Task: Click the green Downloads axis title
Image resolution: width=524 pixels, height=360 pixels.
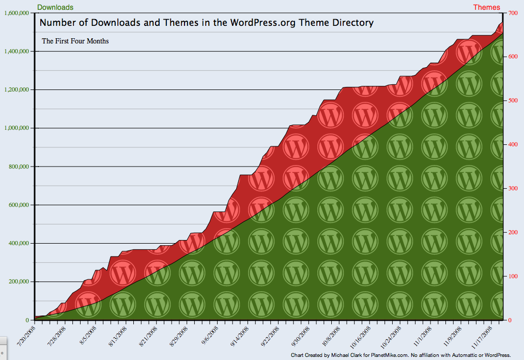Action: tap(55, 7)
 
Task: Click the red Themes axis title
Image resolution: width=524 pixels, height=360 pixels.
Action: tap(487, 7)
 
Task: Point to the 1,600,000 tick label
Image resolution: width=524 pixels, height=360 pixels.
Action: tap(17, 13)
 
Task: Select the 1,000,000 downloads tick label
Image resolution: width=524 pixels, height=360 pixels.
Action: tap(17, 128)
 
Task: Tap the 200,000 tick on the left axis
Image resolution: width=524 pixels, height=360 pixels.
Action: tap(19, 282)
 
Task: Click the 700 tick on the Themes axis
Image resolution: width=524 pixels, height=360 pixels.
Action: tap(513, 13)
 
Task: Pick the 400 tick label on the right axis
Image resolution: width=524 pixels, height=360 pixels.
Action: tap(513, 144)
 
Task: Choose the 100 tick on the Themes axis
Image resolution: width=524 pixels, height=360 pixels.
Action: tap(513, 276)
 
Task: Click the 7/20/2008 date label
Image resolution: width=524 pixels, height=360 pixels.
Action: tap(26, 336)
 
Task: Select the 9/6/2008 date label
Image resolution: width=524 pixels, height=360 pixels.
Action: tap(210, 335)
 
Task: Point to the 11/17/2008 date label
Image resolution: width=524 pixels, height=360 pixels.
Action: tap(482, 337)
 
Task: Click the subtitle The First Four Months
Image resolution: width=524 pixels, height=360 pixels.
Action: tap(75, 41)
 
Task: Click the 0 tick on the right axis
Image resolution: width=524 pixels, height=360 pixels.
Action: tap(510, 320)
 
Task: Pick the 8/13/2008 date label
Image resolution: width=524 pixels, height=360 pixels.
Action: tap(118, 336)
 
